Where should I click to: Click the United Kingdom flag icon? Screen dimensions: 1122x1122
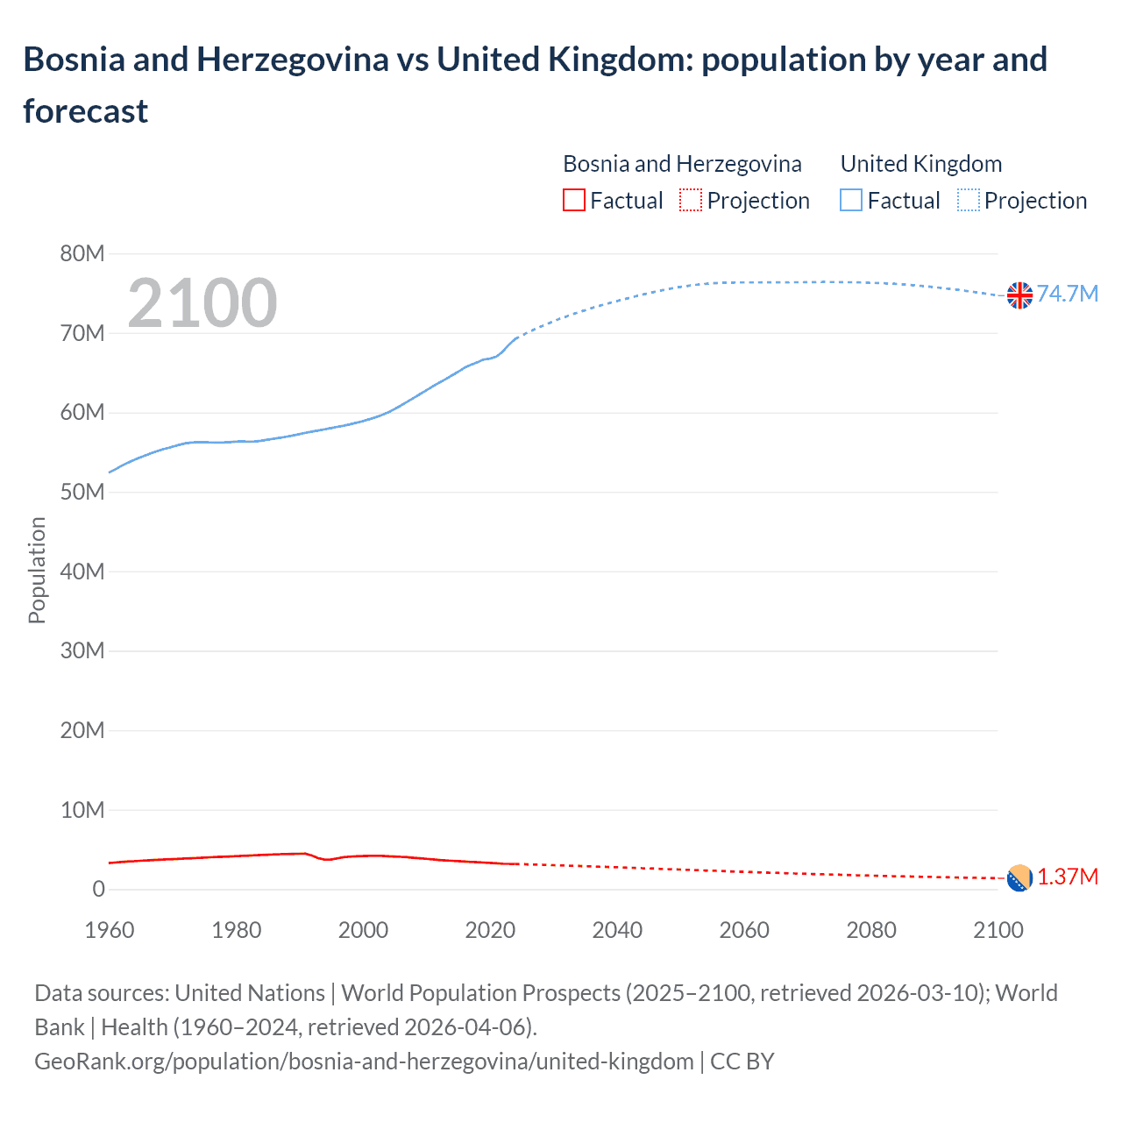1019,295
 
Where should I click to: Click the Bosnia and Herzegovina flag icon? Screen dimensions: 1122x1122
1019,877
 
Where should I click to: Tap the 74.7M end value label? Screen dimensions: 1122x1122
1067,294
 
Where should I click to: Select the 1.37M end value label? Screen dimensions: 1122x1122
1068,877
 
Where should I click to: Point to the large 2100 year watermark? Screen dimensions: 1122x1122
202,303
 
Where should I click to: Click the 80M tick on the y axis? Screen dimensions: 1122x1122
82,254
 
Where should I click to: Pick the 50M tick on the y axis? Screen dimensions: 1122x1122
82,493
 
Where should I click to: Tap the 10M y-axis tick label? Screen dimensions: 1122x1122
82,810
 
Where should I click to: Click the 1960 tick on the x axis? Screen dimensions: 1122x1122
110,930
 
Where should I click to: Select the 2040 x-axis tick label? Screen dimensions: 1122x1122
617,930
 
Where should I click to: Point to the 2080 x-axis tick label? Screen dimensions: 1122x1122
871,930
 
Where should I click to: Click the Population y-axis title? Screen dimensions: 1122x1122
37,570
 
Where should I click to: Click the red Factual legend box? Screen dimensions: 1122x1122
573,201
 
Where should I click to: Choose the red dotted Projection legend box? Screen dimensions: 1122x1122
691,201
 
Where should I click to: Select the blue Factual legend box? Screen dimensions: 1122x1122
851,201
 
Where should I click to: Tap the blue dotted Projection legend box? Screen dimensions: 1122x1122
969,201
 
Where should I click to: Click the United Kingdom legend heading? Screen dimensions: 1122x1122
920,164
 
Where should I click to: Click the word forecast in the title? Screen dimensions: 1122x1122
86,111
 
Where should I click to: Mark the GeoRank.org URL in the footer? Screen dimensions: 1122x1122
364,1062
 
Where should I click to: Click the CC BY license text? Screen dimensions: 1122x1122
742,1062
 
